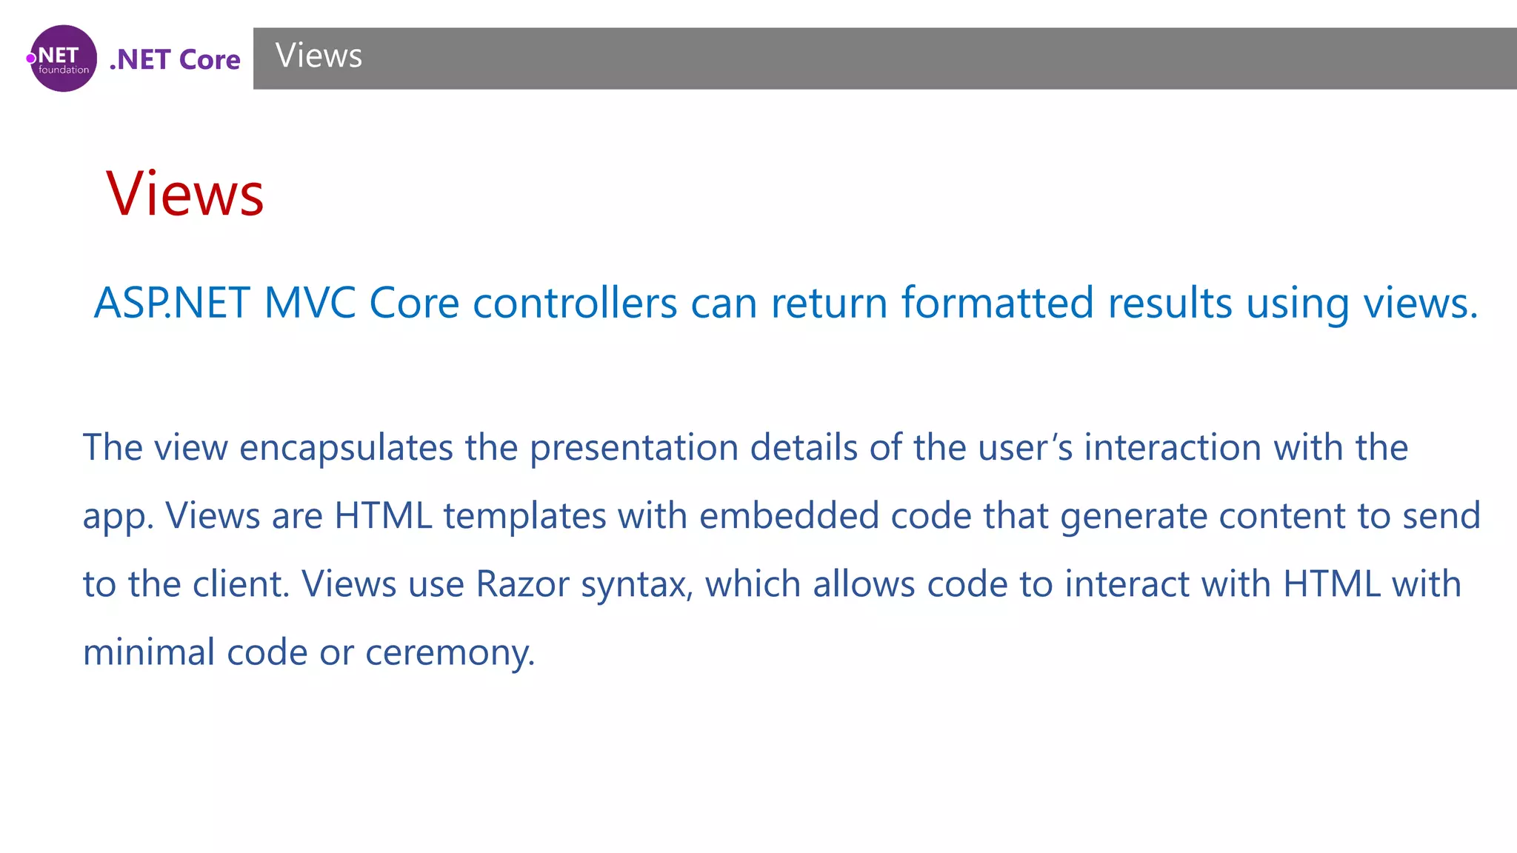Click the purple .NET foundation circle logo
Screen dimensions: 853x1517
click(63, 58)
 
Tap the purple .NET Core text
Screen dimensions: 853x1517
click(175, 59)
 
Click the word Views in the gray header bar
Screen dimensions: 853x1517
click(319, 56)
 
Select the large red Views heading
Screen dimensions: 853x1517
click(184, 194)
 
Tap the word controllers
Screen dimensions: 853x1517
click(575, 303)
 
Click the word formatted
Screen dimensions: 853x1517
click(997, 303)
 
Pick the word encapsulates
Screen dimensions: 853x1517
click(346, 447)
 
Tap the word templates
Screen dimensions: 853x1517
click(524, 515)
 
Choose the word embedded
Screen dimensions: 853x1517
click(788, 515)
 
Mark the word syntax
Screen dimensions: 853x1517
click(636, 585)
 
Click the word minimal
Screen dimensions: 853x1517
click(148, 652)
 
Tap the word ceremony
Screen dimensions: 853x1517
click(450, 654)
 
